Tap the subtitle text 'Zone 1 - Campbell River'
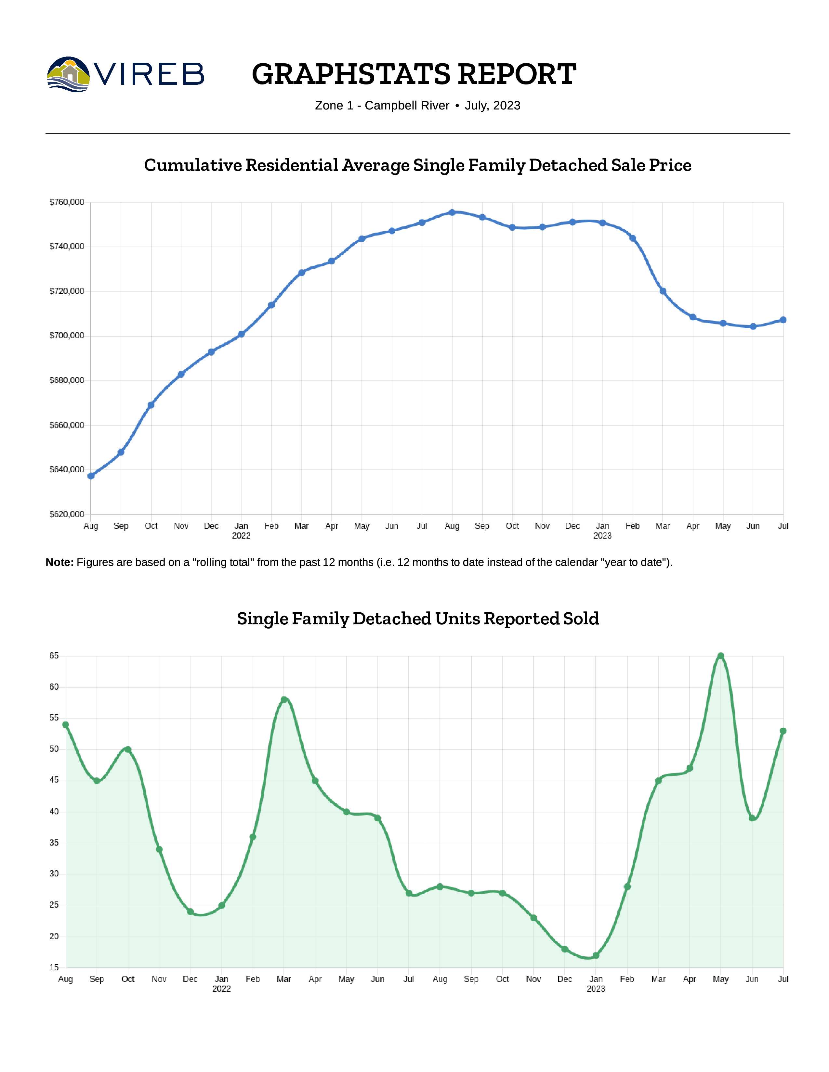coord(382,106)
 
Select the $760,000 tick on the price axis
coord(67,202)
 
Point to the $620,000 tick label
coord(67,515)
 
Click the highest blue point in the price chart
coord(452,212)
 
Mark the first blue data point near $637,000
coord(91,476)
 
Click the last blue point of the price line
coord(783,320)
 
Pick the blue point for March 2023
coord(663,291)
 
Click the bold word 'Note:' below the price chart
coord(59,563)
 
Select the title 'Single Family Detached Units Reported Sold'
coord(418,619)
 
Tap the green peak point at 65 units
coord(720,656)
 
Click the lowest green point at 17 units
coord(596,956)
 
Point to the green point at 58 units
coord(284,699)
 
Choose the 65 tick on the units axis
coord(54,656)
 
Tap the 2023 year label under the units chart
coord(596,989)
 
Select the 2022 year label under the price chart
coord(241,535)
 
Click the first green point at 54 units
coord(66,724)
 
